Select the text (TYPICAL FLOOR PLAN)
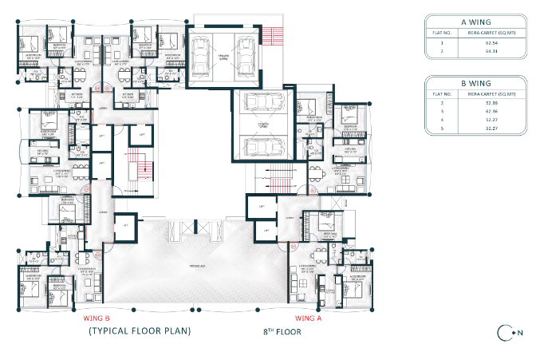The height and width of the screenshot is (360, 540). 139,330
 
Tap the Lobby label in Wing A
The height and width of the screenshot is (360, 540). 290,217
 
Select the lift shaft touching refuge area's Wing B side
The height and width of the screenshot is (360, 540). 124,226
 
